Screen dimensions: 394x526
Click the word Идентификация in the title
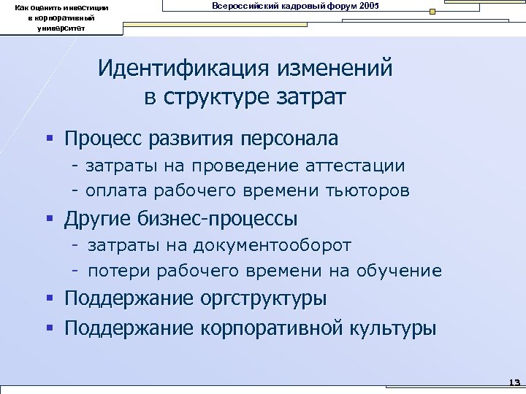[183, 69]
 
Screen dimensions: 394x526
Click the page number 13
[512, 382]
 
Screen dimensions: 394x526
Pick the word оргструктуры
[272, 299]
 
